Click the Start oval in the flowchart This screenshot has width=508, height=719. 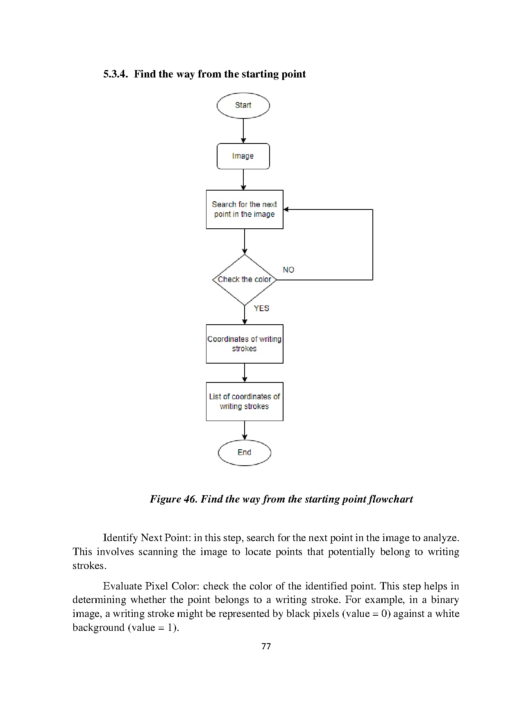click(243, 105)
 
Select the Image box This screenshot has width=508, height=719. click(243, 156)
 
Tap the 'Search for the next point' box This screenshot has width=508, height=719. click(245, 209)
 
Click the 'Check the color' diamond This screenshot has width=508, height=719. click(245, 280)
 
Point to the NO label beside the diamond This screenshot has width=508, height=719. click(288, 270)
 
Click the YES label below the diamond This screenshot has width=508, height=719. click(261, 308)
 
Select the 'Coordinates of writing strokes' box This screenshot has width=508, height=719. click(245, 344)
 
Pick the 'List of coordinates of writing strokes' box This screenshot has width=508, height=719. click(245, 402)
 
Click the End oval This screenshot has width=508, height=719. click(245, 453)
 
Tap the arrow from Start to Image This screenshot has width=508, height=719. click(243, 131)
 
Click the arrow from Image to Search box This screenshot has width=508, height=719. click(243, 180)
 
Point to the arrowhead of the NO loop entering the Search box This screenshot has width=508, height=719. click(286, 209)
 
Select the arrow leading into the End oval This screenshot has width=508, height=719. click(245, 430)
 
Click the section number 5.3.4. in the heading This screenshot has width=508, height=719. click(116, 74)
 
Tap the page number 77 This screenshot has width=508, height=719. click(266, 646)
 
